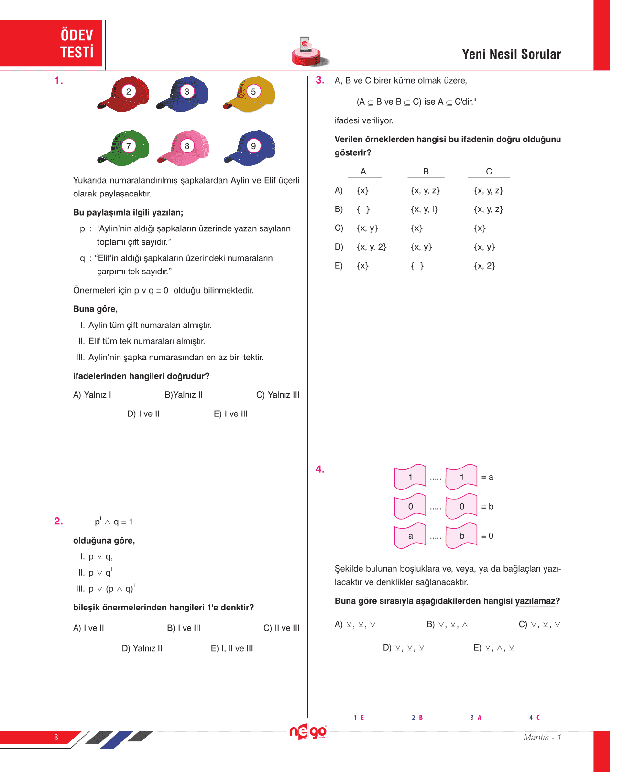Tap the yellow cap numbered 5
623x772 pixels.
coord(250,94)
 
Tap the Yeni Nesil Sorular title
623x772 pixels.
coord(511,54)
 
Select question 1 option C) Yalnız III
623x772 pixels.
coord(278,395)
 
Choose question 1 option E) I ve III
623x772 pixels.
coord(230,414)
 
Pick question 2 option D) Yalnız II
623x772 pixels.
coord(142,648)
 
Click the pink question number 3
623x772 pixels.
coord(320,80)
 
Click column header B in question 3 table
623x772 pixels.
coord(426,172)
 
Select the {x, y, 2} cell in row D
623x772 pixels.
coord(372,247)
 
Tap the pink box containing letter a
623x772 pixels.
coord(410,536)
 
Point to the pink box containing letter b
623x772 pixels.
coord(461,536)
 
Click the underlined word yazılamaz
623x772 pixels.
coord(535,601)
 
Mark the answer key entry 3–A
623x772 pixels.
coord(476,718)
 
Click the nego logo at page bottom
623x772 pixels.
coord(308,732)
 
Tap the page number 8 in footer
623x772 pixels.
coord(56,738)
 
